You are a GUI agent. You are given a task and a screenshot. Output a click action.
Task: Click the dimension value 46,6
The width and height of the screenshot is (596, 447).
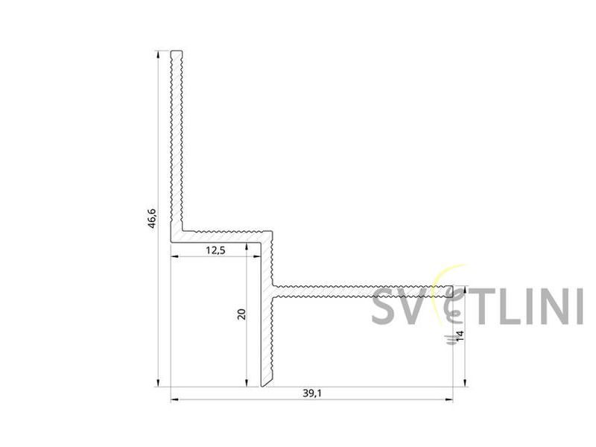click(x=152, y=218)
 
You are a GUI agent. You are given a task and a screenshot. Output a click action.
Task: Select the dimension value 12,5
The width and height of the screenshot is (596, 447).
click(x=215, y=250)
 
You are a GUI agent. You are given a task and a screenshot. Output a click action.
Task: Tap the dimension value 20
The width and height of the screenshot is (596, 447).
click(x=241, y=314)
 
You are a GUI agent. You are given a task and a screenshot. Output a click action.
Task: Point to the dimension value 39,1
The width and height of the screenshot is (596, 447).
click(x=312, y=393)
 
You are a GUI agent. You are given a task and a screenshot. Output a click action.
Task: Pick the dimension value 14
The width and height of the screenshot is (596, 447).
click(x=460, y=335)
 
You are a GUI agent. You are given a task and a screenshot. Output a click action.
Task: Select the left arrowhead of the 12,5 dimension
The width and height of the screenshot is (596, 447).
click(x=175, y=256)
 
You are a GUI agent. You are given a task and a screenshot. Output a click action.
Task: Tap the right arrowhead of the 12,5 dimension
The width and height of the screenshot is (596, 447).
click(x=256, y=256)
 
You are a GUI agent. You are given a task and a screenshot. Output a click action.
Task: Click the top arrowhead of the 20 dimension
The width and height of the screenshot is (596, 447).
click(x=247, y=247)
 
